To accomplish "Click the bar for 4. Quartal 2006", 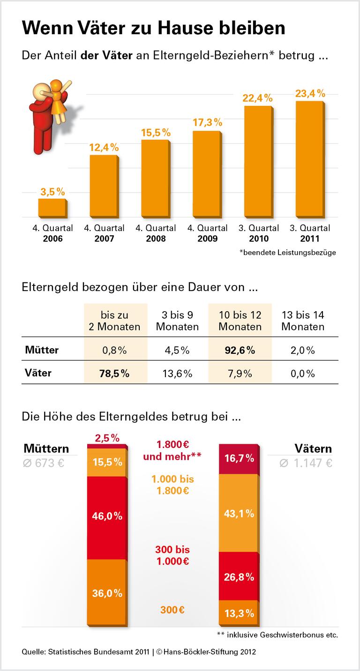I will (52, 208).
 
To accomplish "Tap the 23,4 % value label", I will (310, 93).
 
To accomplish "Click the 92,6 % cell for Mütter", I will (240, 350).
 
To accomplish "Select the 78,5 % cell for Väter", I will (114, 373).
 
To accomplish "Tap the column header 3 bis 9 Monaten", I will (177, 321).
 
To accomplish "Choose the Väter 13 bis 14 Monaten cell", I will (303, 373).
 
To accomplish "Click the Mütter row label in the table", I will (41, 350).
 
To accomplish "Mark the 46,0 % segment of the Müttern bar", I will (107, 516).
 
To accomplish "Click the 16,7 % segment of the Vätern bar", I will (239, 458).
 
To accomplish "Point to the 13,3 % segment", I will (239, 613).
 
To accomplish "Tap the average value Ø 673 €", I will (44, 463).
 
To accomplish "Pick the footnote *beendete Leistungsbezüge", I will (287, 253).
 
